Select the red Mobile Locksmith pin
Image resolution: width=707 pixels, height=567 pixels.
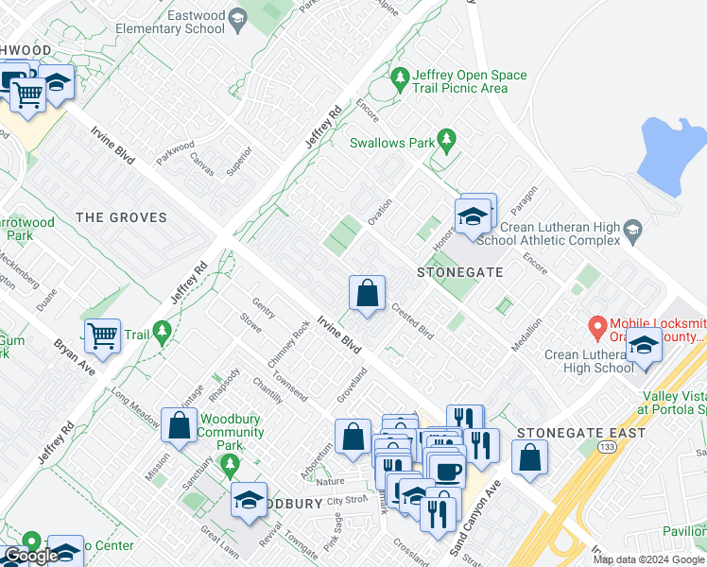597,328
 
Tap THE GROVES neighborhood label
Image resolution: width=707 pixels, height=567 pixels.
121,217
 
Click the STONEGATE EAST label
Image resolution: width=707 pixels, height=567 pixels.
580,433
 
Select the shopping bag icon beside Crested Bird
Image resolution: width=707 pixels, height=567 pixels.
368,294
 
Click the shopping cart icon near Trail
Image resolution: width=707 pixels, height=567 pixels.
103,335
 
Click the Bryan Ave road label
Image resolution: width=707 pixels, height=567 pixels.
74,357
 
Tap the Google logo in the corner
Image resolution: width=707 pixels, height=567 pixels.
30,556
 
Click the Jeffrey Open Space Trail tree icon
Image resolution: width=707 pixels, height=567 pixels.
400,76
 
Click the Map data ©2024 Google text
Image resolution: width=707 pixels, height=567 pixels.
649,559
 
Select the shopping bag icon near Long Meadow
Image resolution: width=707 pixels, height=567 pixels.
179,426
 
